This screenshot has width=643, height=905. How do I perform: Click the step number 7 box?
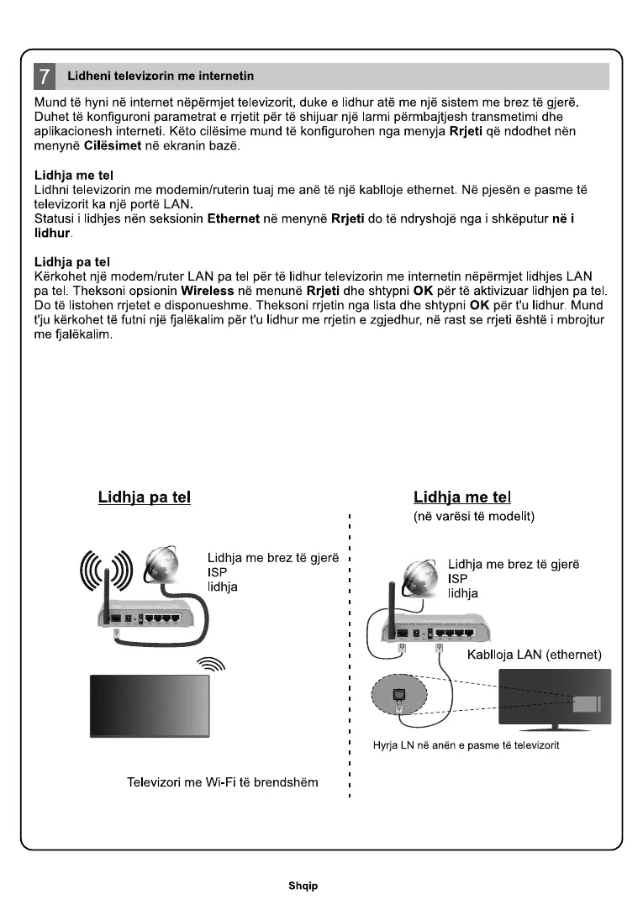[x=45, y=76]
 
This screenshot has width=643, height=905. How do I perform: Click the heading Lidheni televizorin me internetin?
[x=161, y=76]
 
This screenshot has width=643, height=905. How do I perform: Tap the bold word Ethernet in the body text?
[x=238, y=218]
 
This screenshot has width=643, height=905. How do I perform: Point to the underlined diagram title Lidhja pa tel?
[x=145, y=497]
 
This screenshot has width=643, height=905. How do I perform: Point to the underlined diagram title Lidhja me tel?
[x=462, y=497]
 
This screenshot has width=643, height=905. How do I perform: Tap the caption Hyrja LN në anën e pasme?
[x=466, y=745]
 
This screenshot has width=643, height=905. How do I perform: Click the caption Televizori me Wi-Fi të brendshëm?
[x=222, y=782]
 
